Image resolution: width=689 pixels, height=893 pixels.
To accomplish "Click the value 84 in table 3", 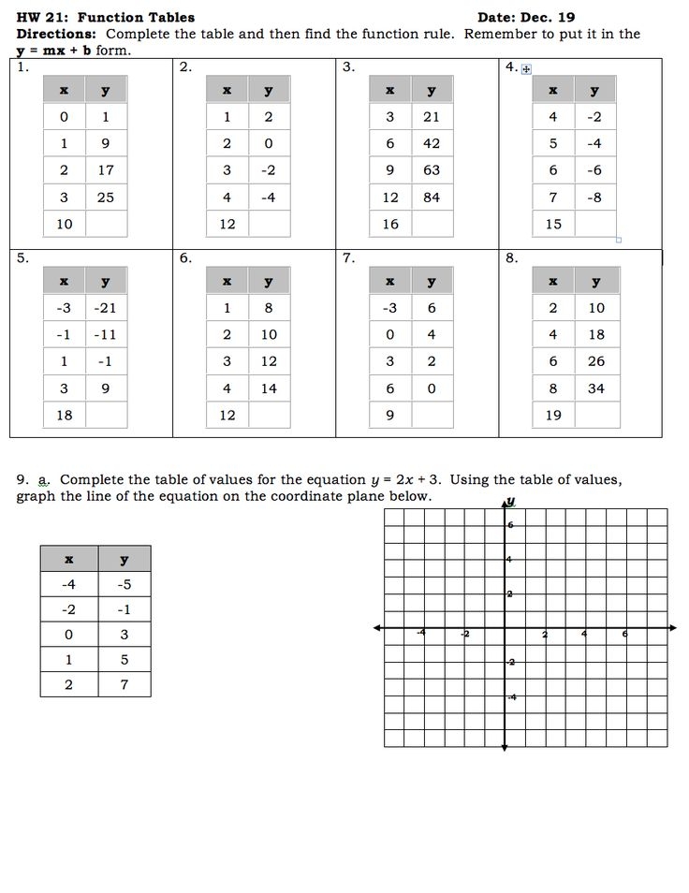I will coord(432,197).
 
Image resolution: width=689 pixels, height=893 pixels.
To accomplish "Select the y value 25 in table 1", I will coord(106,197).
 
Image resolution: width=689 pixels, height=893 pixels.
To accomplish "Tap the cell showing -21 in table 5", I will coord(106,308).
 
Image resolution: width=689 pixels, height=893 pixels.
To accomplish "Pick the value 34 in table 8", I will coord(596,388).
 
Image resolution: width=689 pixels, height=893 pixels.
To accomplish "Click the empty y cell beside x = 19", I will coord(596,415).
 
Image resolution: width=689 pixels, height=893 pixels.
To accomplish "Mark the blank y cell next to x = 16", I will coord(432,224).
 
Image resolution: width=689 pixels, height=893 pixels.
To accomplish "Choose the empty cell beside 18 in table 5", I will coord(106,415).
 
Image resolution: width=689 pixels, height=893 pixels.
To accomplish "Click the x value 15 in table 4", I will coord(553,224).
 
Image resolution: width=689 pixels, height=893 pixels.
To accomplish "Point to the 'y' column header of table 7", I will coord(432,281).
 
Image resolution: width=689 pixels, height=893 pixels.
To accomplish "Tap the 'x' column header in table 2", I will coord(227,90).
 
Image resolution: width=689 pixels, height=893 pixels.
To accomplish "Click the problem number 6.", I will coord(184,259).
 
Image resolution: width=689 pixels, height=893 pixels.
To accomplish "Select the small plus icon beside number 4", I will coord(526,68).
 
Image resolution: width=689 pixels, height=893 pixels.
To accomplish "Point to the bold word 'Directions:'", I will coord(51,34).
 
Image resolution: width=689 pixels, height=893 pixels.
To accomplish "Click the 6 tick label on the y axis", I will coord(511,525).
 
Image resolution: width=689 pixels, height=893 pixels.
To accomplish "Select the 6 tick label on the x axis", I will coord(625,635).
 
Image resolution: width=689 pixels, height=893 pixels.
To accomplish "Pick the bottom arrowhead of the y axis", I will coord(505,748).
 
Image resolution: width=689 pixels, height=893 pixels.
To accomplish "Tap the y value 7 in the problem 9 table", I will coord(124,684).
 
